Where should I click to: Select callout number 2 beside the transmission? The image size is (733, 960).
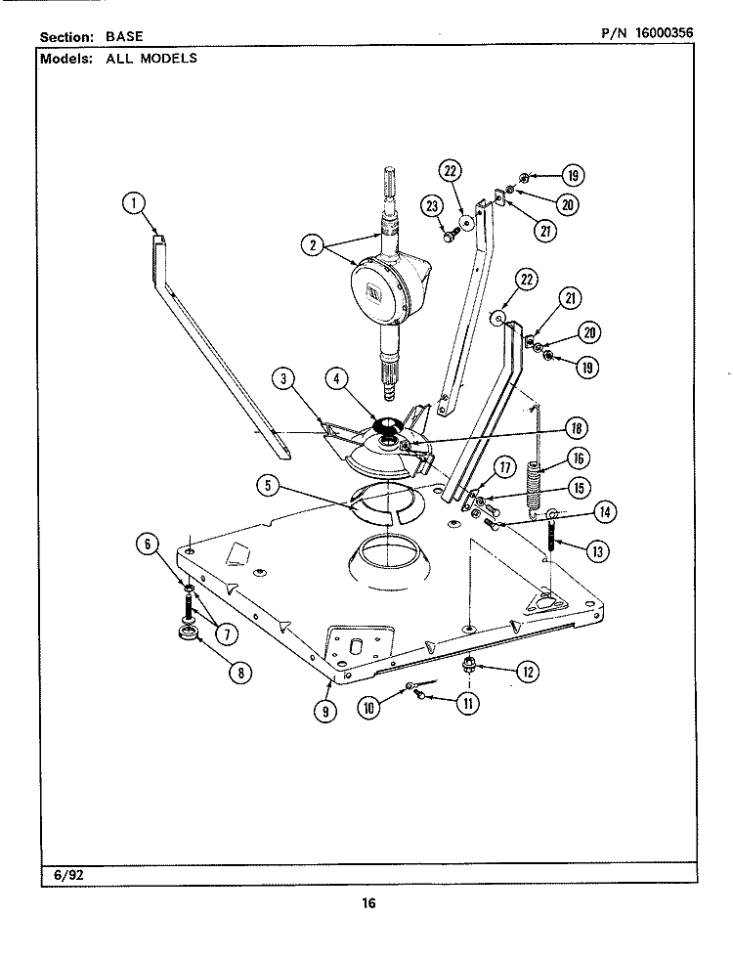tap(312, 245)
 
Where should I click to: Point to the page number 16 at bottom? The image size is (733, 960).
tap(367, 903)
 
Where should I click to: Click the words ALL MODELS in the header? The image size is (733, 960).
tap(151, 58)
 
